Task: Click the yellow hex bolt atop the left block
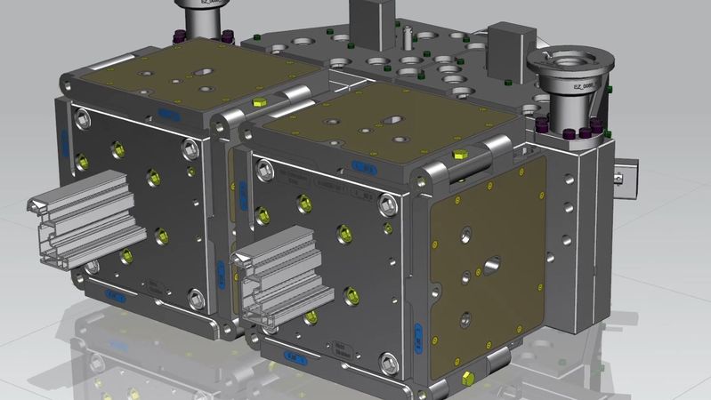(x=258, y=102)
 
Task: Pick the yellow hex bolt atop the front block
(x=459, y=155)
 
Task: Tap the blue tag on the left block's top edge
(x=166, y=112)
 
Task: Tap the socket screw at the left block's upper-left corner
(x=84, y=117)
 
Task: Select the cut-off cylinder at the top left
(x=203, y=13)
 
